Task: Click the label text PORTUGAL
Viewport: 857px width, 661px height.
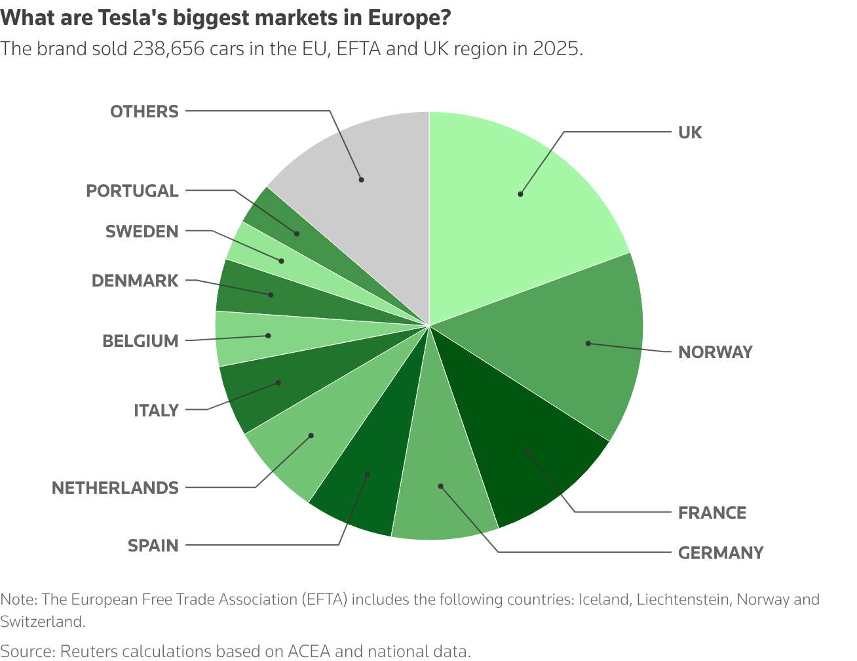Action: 132,191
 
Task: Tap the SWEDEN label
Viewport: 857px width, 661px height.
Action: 142,231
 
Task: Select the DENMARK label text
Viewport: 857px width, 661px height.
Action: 134,281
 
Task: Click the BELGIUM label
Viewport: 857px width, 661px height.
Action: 140,341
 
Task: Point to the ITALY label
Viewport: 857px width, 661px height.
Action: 156,411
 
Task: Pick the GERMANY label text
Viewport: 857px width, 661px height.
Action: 721,553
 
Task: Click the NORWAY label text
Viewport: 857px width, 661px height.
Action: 715,352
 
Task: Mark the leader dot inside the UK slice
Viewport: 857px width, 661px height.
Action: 520,194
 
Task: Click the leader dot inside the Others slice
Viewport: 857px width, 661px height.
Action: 361,179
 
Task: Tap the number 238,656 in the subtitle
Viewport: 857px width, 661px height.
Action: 169,50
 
